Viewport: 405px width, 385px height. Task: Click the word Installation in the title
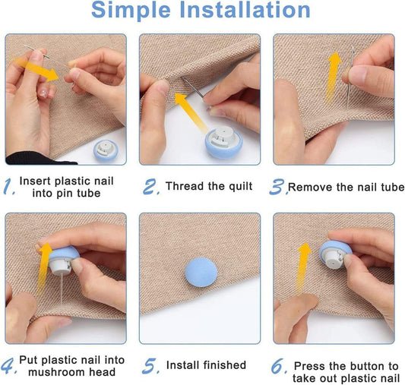tap(251, 11)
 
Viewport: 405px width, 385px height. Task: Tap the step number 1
tap(9, 187)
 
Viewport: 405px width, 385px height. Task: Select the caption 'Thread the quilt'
tap(209, 187)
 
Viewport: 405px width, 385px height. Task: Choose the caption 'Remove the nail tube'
tap(346, 187)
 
